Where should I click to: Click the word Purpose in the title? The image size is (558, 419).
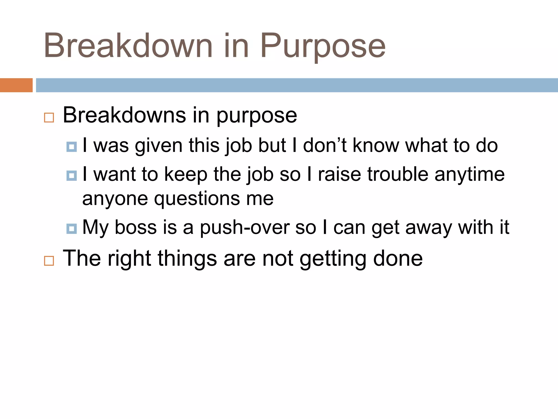point(323,46)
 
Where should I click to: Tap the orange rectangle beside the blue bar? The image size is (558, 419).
point(16,85)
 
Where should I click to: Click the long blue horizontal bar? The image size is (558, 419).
point(297,85)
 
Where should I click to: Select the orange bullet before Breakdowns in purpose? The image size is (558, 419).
point(49,118)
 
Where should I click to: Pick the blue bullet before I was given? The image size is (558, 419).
point(72,147)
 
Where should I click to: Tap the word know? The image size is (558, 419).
point(376,145)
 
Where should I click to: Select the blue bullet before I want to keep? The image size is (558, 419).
point(72,176)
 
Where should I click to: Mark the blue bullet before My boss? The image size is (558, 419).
point(72,229)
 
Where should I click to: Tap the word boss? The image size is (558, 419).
point(136,227)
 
